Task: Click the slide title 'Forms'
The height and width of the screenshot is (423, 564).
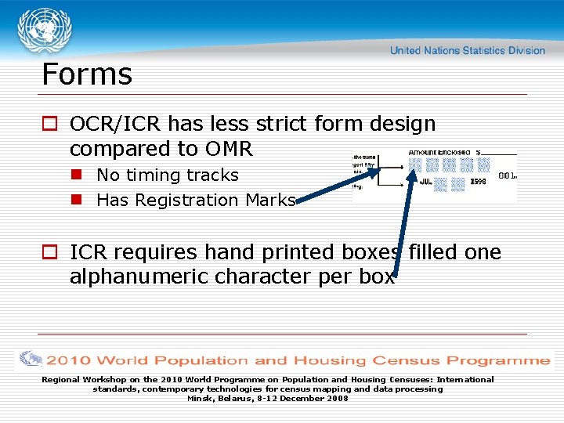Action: [x=87, y=74]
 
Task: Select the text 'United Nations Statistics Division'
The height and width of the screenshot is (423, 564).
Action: [x=467, y=50]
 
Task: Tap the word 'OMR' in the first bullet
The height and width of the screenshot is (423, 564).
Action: [x=230, y=149]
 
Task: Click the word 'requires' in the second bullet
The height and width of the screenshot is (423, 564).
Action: [x=156, y=253]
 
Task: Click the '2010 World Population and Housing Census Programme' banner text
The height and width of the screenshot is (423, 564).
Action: [x=298, y=360]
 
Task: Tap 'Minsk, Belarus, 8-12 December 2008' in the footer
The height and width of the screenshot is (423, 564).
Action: [x=267, y=398]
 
